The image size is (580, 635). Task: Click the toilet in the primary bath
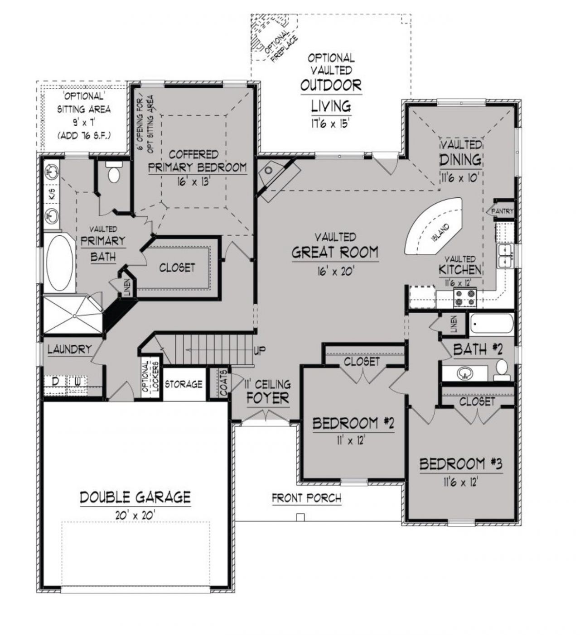(114, 172)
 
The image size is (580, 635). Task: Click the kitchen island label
(440, 233)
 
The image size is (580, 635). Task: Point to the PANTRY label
(502, 211)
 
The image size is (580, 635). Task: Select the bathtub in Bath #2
(491, 323)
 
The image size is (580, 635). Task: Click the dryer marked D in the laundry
(55, 381)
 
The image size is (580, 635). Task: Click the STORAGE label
(184, 384)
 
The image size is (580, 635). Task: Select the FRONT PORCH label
(306, 498)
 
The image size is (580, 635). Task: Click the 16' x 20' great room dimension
(335, 271)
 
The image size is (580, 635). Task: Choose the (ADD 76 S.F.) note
(84, 136)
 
